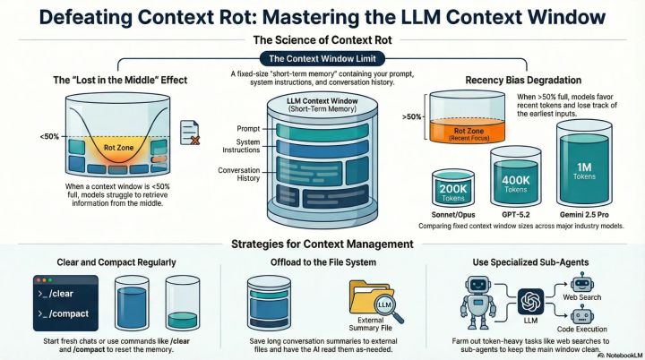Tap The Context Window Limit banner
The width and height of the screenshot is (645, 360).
coord(322,58)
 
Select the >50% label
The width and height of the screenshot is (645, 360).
coord(412,116)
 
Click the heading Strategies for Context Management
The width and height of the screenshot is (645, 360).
coord(322,244)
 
